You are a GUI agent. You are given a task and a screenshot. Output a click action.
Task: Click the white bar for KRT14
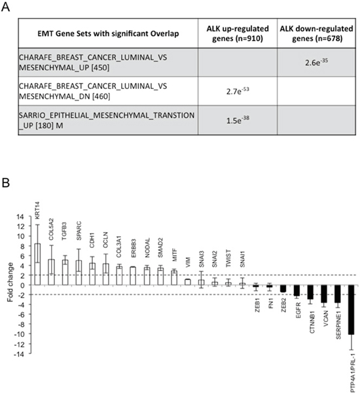pos(37,264)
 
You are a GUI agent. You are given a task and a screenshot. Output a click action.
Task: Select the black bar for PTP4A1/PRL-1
pos(351,309)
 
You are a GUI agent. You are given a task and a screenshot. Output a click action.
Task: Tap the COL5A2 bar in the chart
pos(51,272)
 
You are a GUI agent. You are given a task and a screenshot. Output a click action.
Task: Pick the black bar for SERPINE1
pos(338,294)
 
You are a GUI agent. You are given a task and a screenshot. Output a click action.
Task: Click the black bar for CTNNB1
pos(310,292)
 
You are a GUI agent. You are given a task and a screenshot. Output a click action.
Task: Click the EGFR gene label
pos(298,310)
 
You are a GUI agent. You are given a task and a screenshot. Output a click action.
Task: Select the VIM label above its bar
pos(188,262)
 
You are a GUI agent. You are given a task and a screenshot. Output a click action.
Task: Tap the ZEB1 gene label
pos(257,307)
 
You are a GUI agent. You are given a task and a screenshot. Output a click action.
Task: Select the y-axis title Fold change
pos(10,283)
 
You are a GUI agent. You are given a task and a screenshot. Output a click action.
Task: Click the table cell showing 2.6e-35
pos(316,62)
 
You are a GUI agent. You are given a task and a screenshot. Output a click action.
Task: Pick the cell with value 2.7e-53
pos(238,91)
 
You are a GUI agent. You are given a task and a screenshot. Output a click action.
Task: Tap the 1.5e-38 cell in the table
pos(238,120)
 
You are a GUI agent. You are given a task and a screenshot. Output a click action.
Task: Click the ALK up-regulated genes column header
pos(238,33)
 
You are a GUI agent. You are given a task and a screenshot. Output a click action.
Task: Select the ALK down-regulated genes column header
pos(316,33)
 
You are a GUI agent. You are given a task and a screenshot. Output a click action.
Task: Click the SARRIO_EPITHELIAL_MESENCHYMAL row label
pos(107,120)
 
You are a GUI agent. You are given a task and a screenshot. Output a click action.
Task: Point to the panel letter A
pos(5,7)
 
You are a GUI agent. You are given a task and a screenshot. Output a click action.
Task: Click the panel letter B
pos(5,183)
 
